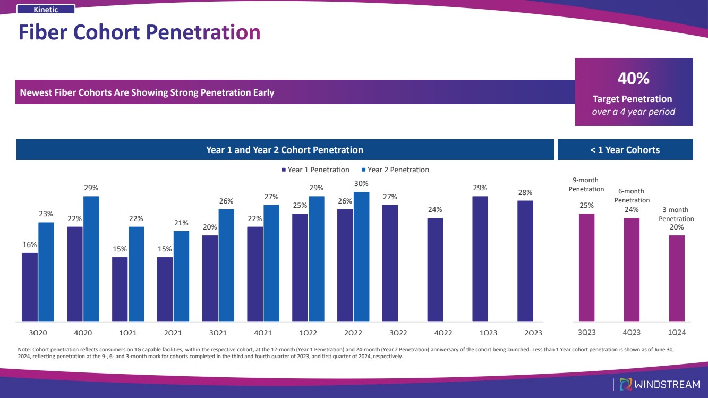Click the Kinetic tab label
point(46,9)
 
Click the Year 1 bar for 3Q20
point(30,287)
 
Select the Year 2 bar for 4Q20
point(91,259)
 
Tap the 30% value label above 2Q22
point(361,183)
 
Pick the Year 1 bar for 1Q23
point(480,259)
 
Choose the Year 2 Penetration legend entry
point(398,170)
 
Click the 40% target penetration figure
point(633,79)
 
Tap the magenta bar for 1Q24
point(677,278)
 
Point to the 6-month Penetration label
point(632,196)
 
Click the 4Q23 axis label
point(632,333)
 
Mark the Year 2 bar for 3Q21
point(226,265)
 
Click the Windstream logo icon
point(627,384)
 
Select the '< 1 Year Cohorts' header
point(625,150)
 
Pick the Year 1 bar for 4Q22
point(435,269)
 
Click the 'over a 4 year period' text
point(633,112)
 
